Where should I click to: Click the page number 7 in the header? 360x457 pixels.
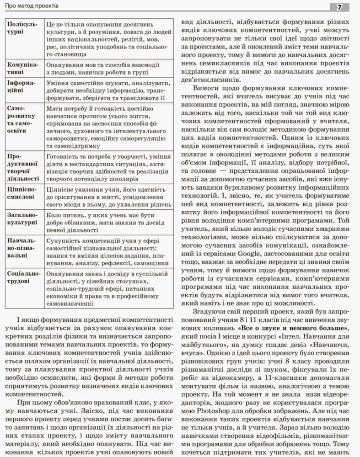339,7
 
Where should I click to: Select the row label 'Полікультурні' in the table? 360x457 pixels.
23,27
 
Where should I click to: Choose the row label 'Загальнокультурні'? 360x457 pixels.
23,218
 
